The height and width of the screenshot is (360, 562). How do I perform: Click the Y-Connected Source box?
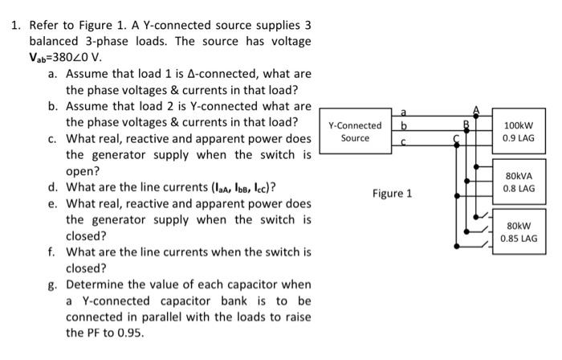pyautogui.click(x=355, y=132)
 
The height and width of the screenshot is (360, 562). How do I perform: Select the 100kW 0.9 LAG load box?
pyautogui.click(x=519, y=132)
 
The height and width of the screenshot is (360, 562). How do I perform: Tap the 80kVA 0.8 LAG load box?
pyautogui.click(x=519, y=182)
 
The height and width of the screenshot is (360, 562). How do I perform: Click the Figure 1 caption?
pyautogui.click(x=392, y=194)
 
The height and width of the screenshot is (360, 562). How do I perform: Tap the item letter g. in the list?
pyautogui.click(x=53, y=284)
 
